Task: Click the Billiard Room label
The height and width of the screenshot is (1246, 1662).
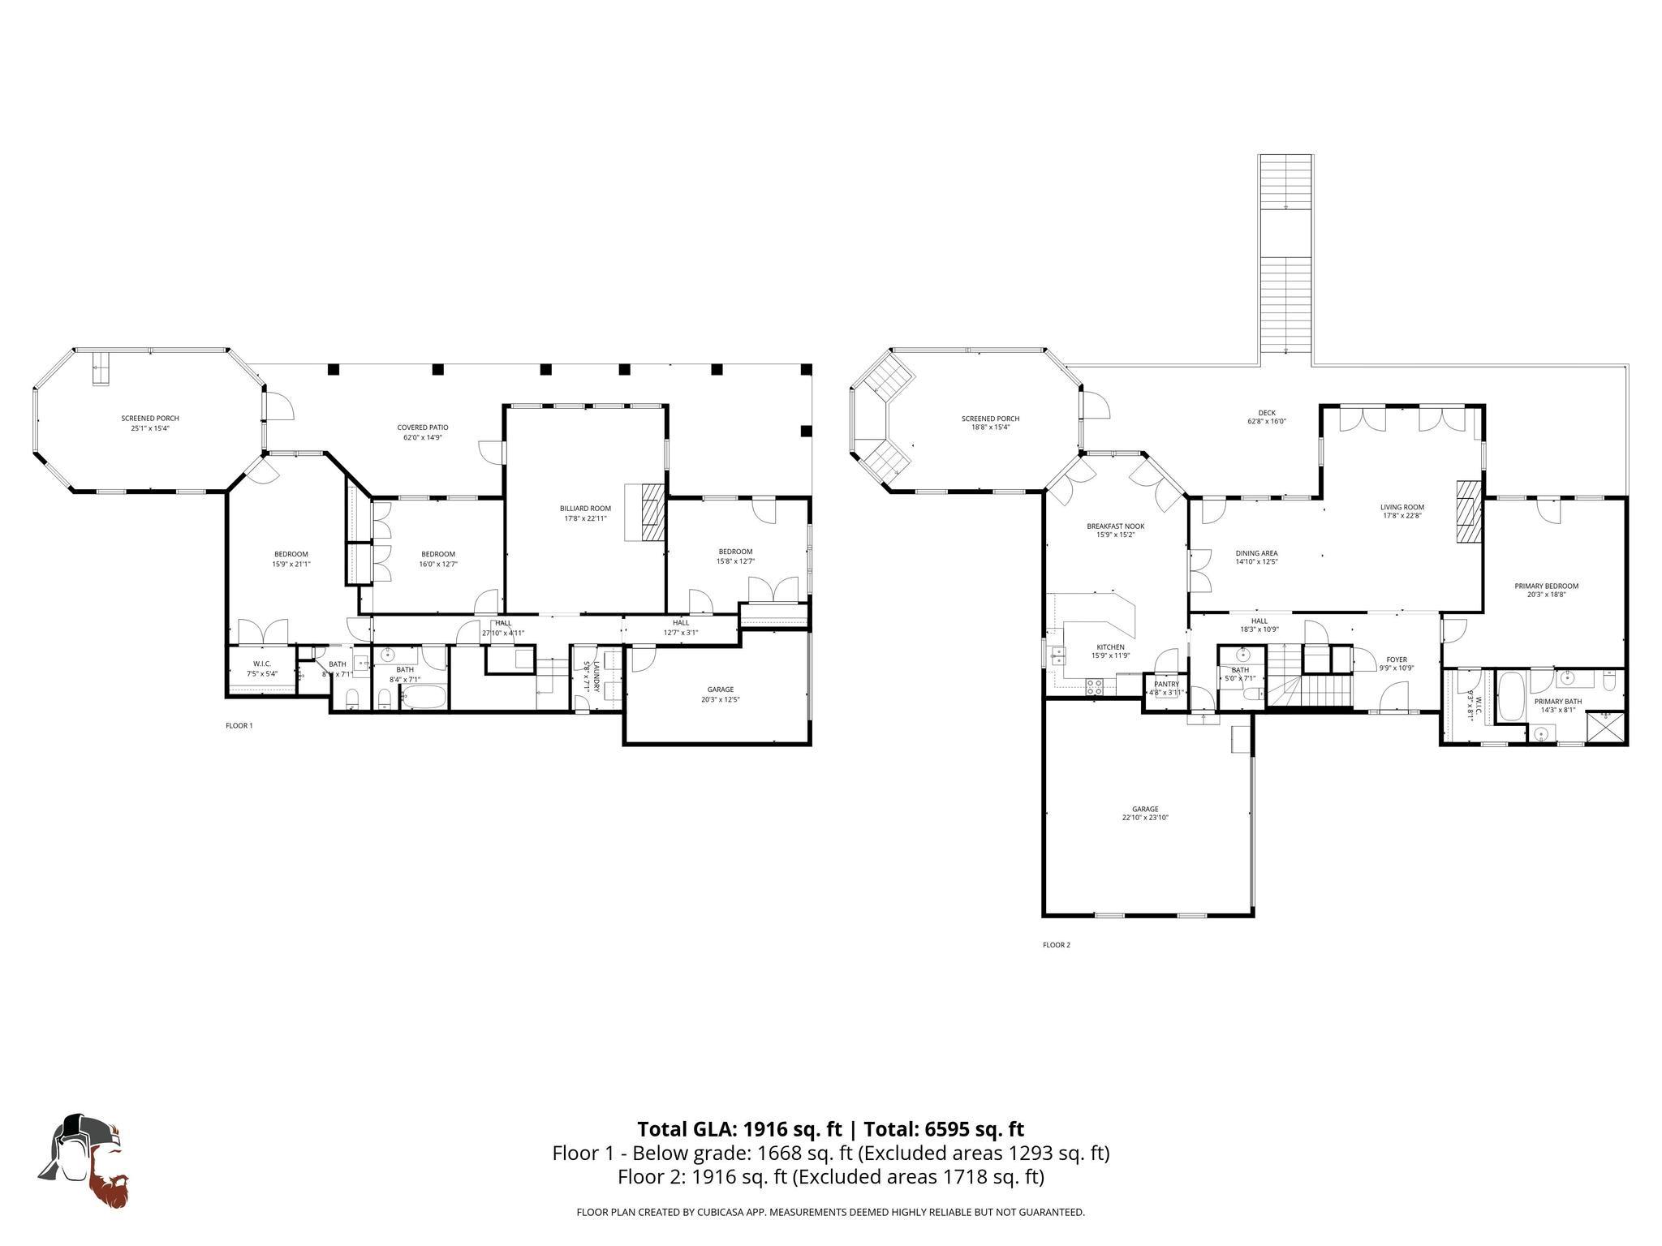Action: [x=585, y=509]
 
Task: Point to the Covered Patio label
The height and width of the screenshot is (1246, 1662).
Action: [x=422, y=428]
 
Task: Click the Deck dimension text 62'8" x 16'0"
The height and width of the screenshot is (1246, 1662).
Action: [x=1267, y=422]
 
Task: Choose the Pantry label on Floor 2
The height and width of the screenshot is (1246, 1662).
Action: [x=1166, y=684]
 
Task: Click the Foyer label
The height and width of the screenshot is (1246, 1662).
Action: [x=1397, y=660]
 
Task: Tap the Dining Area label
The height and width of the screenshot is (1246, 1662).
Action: [x=1256, y=553]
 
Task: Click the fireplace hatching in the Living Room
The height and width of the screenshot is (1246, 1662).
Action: [x=1467, y=523]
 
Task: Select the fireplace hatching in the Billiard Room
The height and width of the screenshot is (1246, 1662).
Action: [x=652, y=512]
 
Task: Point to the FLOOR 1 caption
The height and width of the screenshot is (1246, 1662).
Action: [x=239, y=726]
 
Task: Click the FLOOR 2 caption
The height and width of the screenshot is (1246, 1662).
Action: [x=1056, y=945]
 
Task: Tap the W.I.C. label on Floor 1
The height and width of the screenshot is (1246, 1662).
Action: [x=261, y=664]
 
